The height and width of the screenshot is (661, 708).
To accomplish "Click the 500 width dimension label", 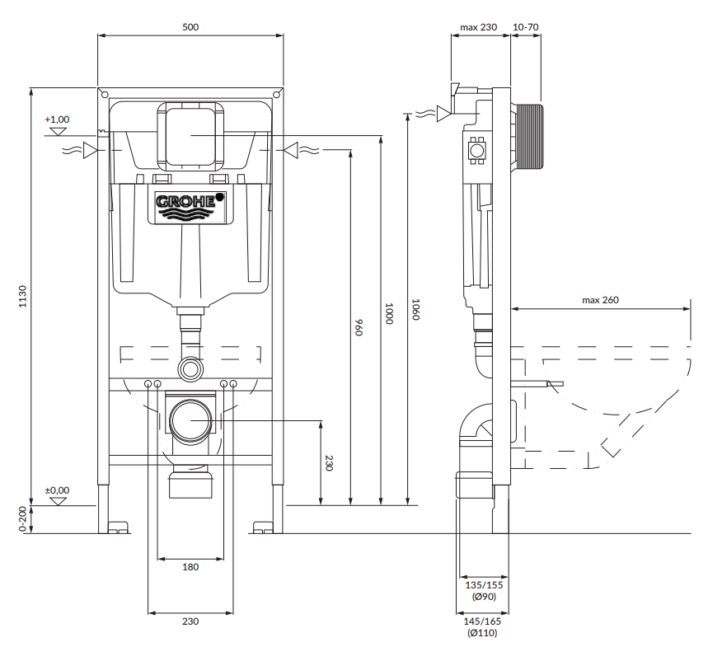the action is click(190, 27).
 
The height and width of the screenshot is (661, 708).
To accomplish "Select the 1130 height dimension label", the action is click(22, 297).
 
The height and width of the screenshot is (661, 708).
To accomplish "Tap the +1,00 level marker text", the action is click(58, 120).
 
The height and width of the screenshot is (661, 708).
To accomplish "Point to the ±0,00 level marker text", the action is click(58, 490).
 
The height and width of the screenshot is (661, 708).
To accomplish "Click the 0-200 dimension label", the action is click(22, 519).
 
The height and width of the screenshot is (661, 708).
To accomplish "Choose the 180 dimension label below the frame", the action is click(190, 567).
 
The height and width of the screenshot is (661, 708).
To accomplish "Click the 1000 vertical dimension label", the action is click(389, 313).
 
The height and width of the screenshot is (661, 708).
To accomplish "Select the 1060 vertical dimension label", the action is click(416, 309).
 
